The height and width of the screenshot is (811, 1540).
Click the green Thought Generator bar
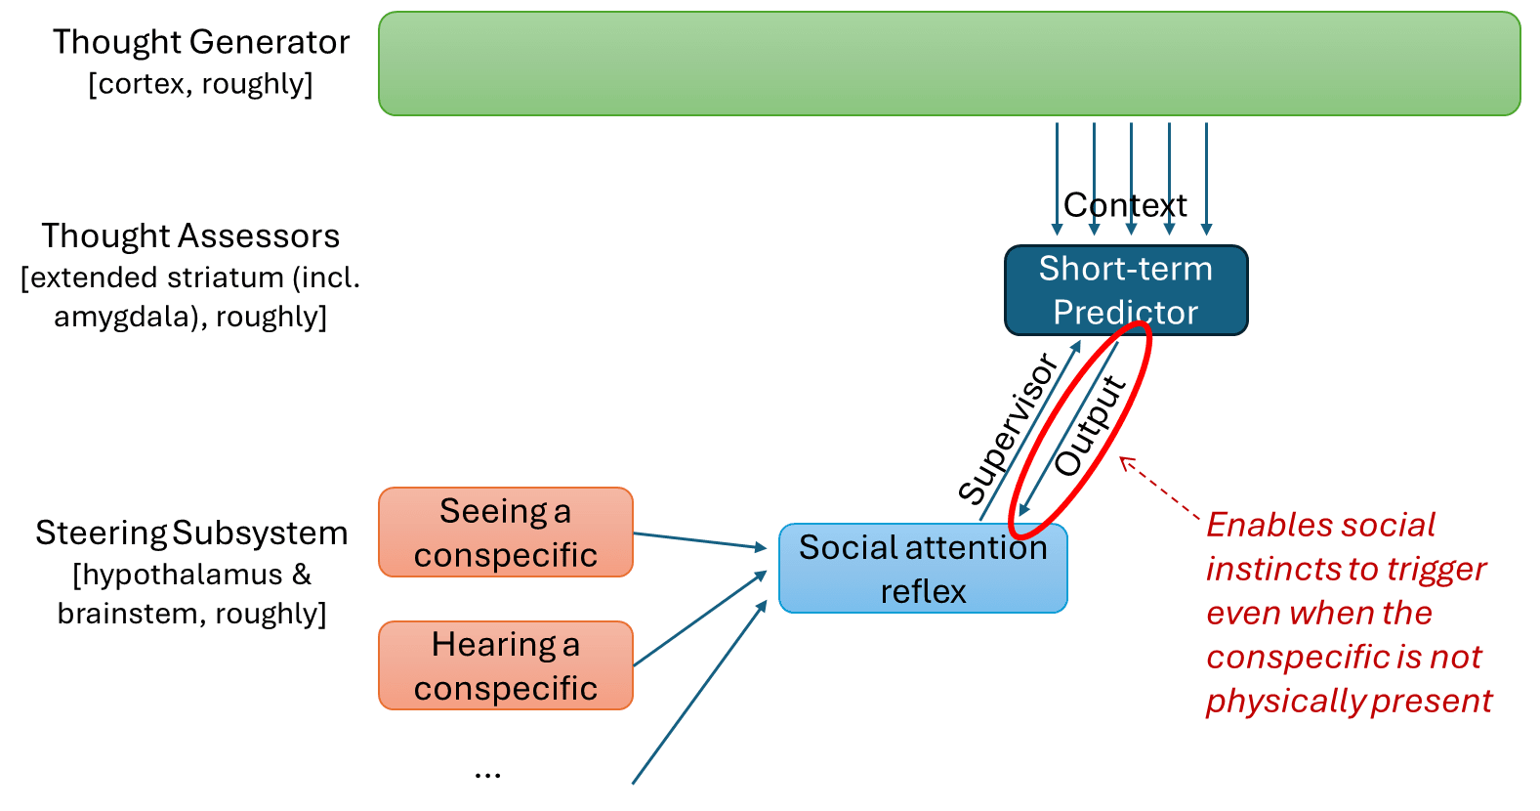click(x=949, y=64)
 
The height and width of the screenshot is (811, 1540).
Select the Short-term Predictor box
click(x=1126, y=290)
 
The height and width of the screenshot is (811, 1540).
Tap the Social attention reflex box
click(x=923, y=568)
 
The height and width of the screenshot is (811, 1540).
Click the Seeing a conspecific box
click(x=505, y=532)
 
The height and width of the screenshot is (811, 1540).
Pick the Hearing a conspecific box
click(x=505, y=665)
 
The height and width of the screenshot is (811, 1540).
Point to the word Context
click(x=1125, y=205)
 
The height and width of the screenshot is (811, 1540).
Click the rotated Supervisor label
click(x=1008, y=428)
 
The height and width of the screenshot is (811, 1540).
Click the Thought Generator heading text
click(x=201, y=42)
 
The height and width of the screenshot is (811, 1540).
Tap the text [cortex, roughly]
click(x=201, y=84)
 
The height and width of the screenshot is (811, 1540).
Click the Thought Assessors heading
click(x=190, y=235)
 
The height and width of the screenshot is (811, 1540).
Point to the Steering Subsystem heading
click(x=191, y=534)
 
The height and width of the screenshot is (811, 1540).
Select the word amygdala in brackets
click(x=130, y=318)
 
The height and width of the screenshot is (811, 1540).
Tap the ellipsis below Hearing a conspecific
click(x=487, y=775)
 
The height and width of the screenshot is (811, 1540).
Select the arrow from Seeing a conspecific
click(x=700, y=540)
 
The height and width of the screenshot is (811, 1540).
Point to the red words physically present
click(x=1350, y=702)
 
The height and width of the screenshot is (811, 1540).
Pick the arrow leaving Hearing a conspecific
click(x=700, y=618)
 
